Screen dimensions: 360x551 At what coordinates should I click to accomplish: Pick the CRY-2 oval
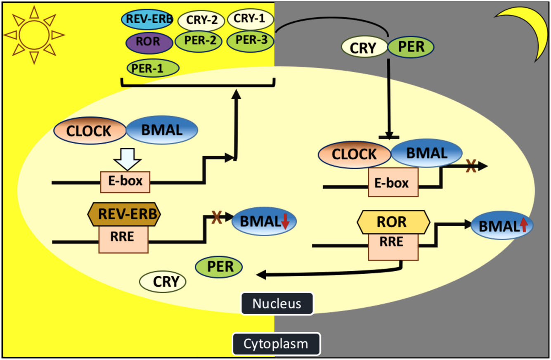click(201, 20)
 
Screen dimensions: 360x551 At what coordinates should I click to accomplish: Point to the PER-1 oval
click(153, 68)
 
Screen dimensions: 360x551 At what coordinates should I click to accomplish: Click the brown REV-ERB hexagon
click(124, 214)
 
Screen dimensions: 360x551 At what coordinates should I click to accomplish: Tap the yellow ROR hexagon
click(393, 222)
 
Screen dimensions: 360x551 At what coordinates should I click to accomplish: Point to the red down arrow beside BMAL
click(285, 223)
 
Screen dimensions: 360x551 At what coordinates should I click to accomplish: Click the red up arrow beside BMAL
click(523, 225)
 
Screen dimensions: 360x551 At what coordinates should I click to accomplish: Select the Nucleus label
click(277, 304)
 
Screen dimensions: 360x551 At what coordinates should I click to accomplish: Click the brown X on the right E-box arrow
click(470, 167)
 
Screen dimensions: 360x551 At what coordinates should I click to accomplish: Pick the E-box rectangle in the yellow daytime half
click(125, 182)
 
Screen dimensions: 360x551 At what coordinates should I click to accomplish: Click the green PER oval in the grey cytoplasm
click(411, 47)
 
